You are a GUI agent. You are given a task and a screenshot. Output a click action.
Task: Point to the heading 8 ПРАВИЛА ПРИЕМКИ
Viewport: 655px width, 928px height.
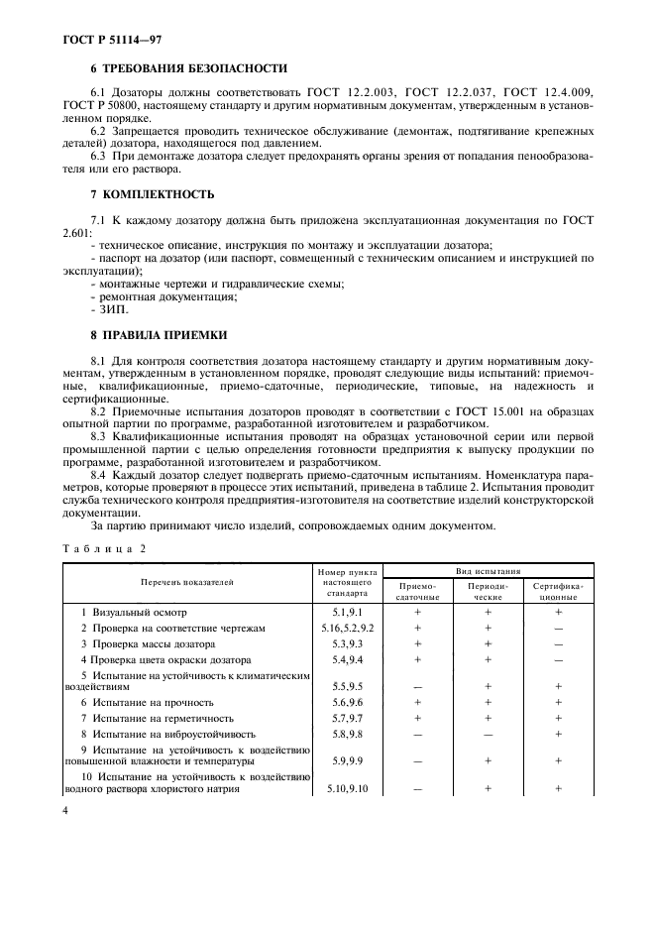(x=159, y=335)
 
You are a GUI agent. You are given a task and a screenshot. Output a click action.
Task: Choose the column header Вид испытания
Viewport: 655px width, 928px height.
(x=488, y=571)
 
